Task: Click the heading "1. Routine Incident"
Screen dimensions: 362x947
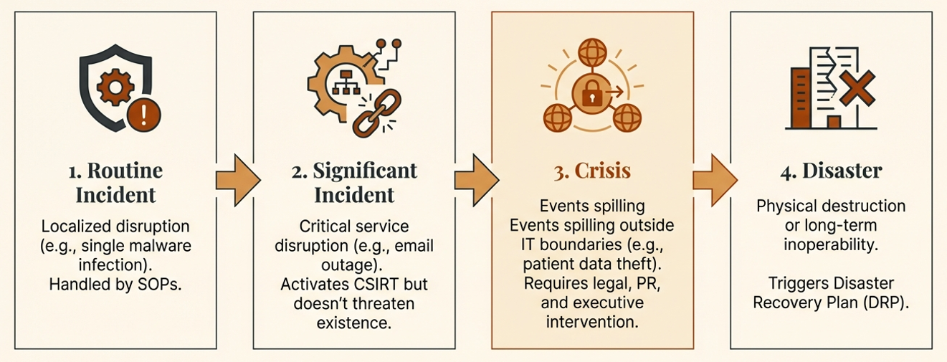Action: (x=115, y=183)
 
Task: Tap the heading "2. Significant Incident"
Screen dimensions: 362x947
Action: (x=355, y=183)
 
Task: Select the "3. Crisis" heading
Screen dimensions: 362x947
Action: (x=591, y=171)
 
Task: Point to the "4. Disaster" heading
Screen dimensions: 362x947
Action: (x=830, y=171)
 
